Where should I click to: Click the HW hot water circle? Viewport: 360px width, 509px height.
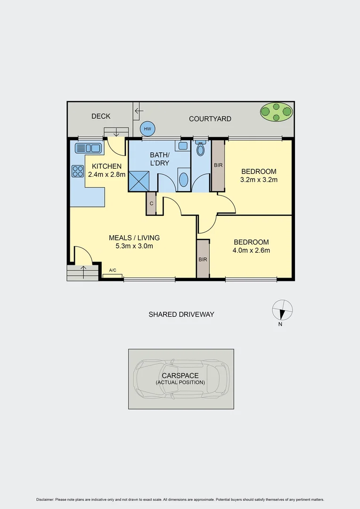147,129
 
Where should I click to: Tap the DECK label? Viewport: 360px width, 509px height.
101,116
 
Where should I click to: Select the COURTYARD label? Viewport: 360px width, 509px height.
210,119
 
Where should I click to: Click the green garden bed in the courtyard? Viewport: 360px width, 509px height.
276,112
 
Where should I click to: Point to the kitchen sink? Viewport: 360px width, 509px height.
88,148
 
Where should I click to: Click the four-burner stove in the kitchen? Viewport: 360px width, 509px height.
77,171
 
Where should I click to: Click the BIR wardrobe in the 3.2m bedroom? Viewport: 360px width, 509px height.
218,165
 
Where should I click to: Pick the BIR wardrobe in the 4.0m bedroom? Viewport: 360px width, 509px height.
203,259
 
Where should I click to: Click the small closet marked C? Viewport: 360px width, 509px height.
151,204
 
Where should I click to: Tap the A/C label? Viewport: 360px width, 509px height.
113,271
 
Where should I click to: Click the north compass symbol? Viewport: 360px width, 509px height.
282,310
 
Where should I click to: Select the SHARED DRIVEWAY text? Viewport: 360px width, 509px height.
181,314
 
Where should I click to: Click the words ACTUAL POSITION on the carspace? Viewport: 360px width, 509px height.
181,382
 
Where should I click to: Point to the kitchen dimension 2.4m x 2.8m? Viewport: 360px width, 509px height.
106,174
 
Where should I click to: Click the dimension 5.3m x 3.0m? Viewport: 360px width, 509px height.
134,246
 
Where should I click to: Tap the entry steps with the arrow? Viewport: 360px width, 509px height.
83,272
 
